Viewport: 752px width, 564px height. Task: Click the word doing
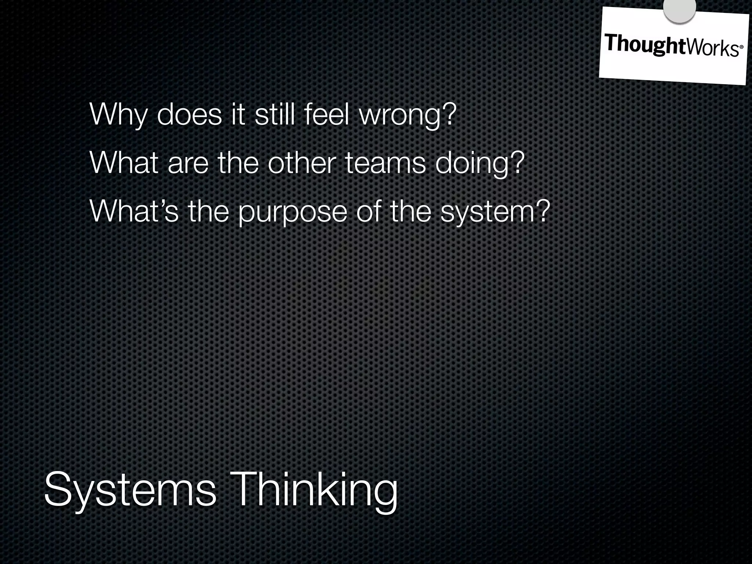474,164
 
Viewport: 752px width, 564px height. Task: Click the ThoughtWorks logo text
670,46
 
